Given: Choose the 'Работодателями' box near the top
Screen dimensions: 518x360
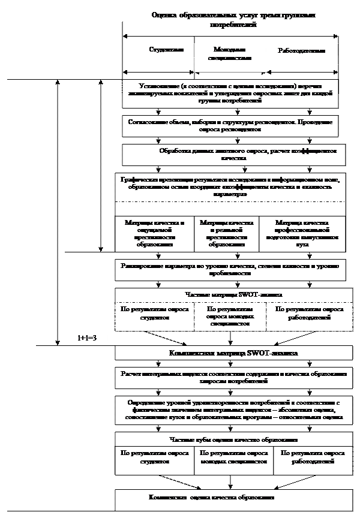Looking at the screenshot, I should [301, 52].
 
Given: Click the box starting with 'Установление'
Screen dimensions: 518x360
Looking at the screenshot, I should [230, 93].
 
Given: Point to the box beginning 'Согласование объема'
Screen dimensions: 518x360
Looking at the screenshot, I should [230, 125].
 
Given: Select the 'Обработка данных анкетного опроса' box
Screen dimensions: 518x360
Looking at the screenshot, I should [233, 154].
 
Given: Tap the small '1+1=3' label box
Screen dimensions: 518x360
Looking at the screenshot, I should [88, 339].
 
